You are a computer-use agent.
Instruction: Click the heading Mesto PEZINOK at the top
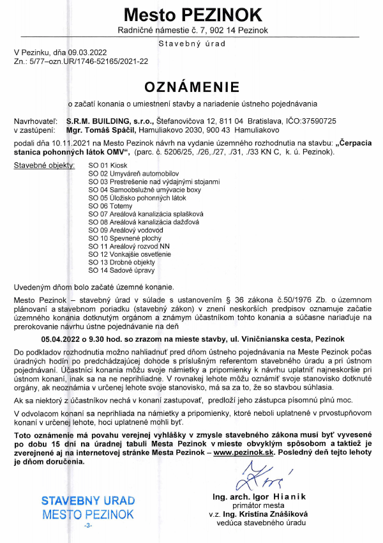(x=192, y=14)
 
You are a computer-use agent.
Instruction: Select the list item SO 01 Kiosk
(x=107, y=165)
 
